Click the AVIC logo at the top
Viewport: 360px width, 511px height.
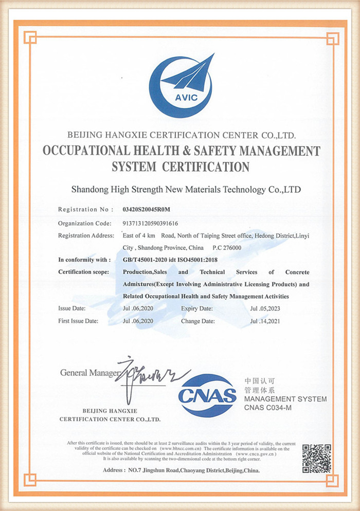point(180,86)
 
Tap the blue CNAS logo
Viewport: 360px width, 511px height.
point(207,395)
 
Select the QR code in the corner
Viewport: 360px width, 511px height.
point(316,458)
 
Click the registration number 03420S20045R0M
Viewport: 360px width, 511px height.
point(147,210)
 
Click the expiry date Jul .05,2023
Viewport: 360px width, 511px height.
point(265,308)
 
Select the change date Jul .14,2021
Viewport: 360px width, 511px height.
point(265,321)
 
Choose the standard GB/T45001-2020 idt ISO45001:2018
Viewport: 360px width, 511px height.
point(170,260)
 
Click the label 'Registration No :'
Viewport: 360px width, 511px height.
point(85,210)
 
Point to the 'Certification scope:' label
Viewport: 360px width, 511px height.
point(83,272)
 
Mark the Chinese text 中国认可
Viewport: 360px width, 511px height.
point(256,381)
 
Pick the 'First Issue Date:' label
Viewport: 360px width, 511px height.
point(78,321)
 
